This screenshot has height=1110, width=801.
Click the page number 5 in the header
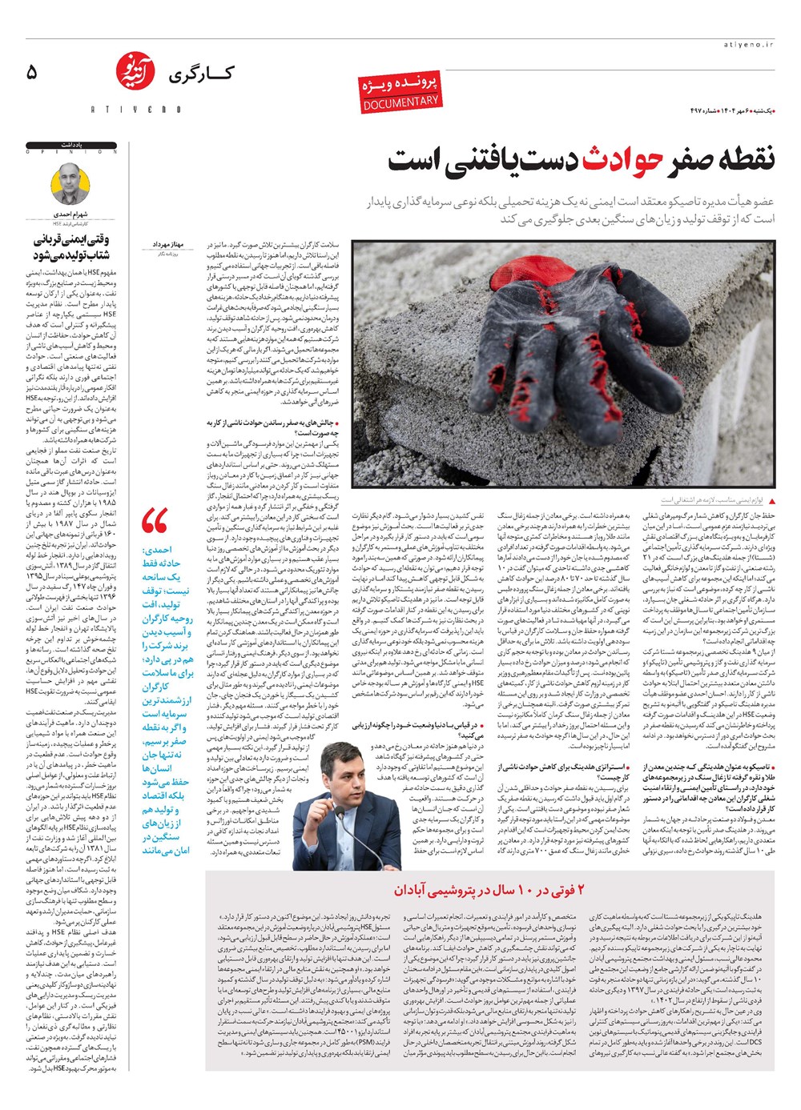pyautogui.click(x=31, y=73)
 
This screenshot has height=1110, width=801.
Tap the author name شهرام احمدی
pyautogui.click(x=74, y=214)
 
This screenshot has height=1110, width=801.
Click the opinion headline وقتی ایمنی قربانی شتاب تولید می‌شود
pyautogui.click(x=72, y=246)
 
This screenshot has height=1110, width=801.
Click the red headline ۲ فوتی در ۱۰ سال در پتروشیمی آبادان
pyautogui.click(x=489, y=890)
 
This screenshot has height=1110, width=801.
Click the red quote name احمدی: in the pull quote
pyautogui.click(x=158, y=550)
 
